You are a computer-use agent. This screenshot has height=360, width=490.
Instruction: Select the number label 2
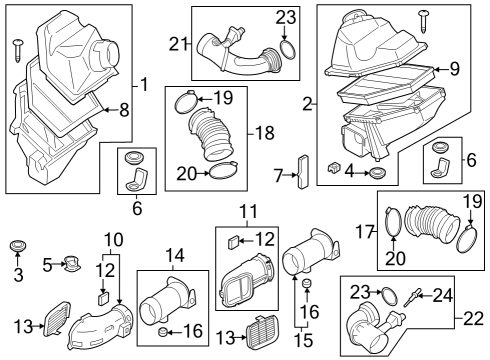click(308, 102)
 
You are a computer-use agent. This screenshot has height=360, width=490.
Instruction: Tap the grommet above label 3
click(17, 246)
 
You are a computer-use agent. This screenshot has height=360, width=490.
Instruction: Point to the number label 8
click(123, 109)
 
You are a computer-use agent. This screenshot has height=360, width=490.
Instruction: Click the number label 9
click(454, 69)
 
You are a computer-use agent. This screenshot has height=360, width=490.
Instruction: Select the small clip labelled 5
click(68, 265)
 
